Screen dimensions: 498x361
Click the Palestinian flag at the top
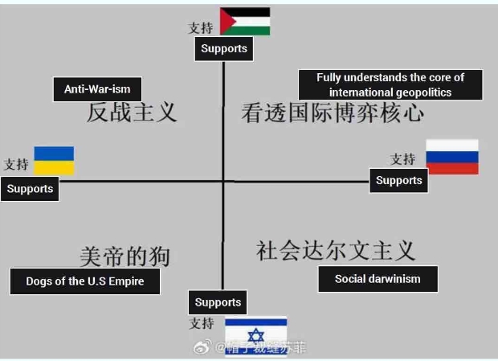point(245,22)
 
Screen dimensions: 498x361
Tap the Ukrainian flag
point(54,160)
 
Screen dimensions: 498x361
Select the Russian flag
point(451,157)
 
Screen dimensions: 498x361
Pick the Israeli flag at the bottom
point(255,331)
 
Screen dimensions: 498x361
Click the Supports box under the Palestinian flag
point(224,48)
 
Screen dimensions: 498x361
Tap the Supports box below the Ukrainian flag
point(30,189)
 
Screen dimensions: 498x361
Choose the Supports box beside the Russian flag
point(398,180)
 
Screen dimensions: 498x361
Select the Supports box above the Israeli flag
point(218,302)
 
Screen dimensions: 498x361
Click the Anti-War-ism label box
point(97,88)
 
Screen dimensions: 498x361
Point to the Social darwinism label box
point(377,279)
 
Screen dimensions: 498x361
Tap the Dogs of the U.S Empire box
point(84,281)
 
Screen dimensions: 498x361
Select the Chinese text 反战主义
point(132,112)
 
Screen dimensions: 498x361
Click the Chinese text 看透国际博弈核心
point(333,113)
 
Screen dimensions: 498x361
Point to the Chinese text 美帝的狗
point(124,256)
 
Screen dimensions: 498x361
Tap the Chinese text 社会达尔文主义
point(336,250)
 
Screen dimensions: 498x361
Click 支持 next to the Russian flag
point(403,159)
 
